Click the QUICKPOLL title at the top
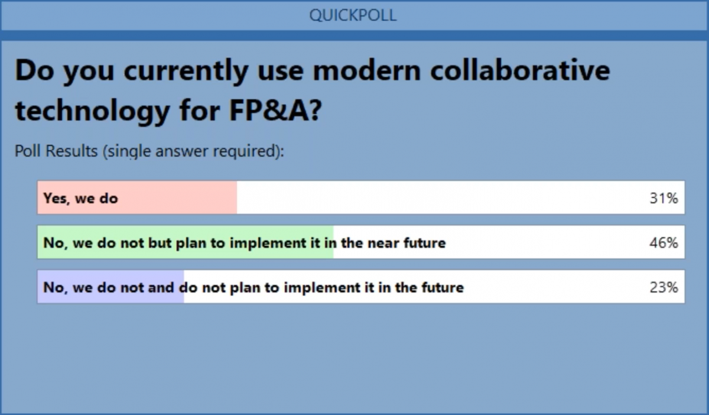(353, 15)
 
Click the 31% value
(664, 198)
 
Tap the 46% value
(664, 243)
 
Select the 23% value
(664, 288)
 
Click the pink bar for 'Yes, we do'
(137, 197)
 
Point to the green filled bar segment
(186, 242)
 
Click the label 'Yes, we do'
(81, 199)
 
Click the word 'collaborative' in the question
(520, 70)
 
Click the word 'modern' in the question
(367, 70)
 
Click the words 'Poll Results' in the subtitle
(56, 151)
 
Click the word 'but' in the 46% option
(160, 243)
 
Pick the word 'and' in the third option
(161, 288)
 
